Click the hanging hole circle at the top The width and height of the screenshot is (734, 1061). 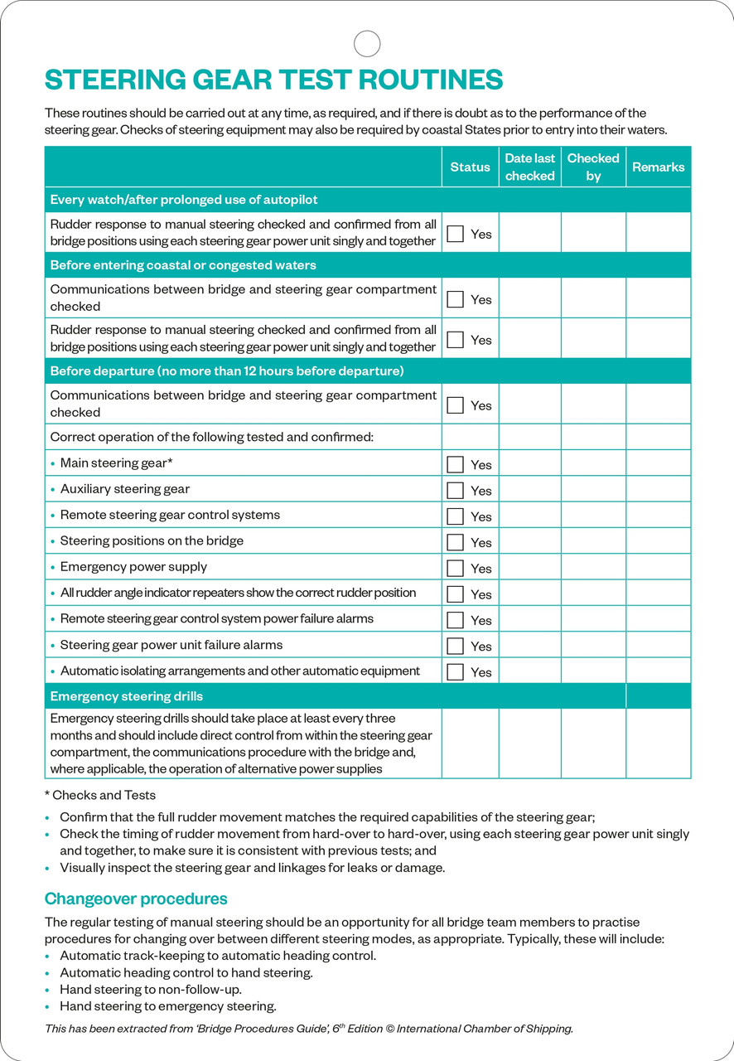coord(367,43)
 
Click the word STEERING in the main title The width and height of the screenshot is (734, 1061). coord(115,80)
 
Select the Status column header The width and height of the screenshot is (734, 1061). coord(470,167)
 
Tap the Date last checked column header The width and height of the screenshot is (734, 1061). coord(530,167)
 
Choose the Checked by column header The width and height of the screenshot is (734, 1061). coord(593,167)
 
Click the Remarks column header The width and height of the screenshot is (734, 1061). coord(658,167)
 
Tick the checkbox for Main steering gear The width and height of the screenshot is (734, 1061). coord(455,464)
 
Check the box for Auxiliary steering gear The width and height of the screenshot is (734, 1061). coord(455,490)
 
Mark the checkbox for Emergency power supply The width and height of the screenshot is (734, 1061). coord(455,568)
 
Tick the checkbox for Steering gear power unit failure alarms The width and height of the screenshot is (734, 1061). coord(455,646)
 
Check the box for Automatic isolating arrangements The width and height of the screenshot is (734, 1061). coord(455,671)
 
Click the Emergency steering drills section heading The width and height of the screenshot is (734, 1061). coord(127,696)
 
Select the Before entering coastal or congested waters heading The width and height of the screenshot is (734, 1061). coord(183,265)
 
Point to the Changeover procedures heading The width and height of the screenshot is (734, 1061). coord(136,899)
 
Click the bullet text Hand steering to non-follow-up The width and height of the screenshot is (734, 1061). coord(151,989)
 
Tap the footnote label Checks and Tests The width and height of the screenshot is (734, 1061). coord(104,795)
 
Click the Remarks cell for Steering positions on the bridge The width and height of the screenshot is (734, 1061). coord(658,541)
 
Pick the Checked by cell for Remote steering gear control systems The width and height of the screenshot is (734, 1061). coord(593,516)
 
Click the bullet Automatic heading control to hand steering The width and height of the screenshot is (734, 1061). coord(186,972)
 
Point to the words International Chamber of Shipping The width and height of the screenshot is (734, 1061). coord(484,1029)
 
